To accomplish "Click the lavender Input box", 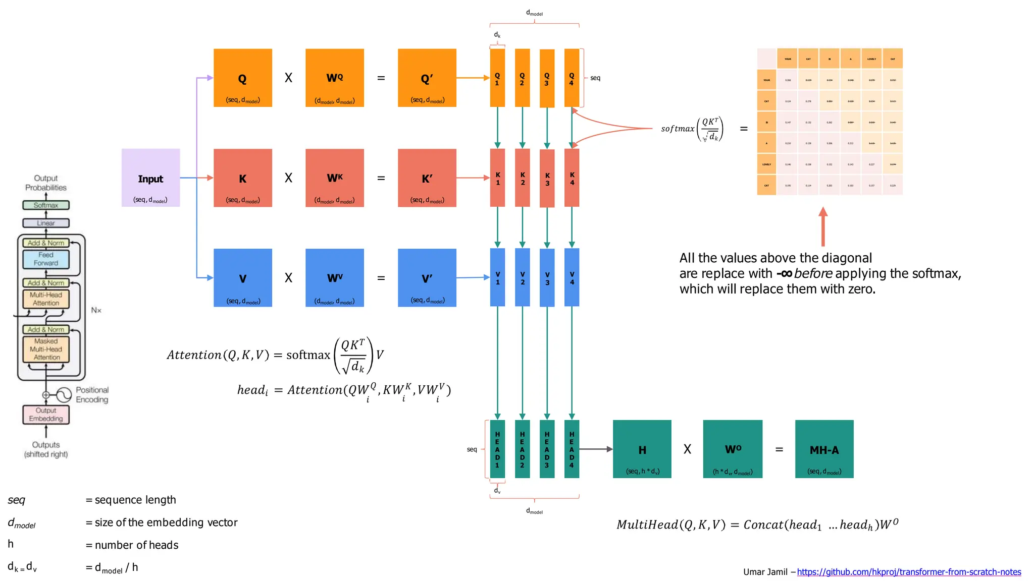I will tap(150, 178).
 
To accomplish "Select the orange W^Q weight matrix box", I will tap(334, 78).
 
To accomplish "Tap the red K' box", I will tap(427, 178).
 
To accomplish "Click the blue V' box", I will tap(427, 277).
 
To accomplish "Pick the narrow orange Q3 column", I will tap(547, 78).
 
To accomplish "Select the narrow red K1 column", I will tap(497, 178).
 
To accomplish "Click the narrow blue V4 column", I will tap(572, 277).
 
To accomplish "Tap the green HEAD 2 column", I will tap(522, 449).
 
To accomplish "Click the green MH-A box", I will tap(824, 449).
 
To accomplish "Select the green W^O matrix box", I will tap(733, 449).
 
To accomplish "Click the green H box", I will tap(642, 449).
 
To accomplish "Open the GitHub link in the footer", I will tap(909, 572).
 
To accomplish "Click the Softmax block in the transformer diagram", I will tap(46, 205).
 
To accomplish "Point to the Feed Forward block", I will tap(46, 259).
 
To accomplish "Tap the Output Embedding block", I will tap(46, 415).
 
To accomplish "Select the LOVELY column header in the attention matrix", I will tap(871, 59).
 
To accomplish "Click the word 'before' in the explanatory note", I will tap(813, 273).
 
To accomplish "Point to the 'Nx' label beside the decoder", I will tap(96, 310).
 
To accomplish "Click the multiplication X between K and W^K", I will tap(288, 178).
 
